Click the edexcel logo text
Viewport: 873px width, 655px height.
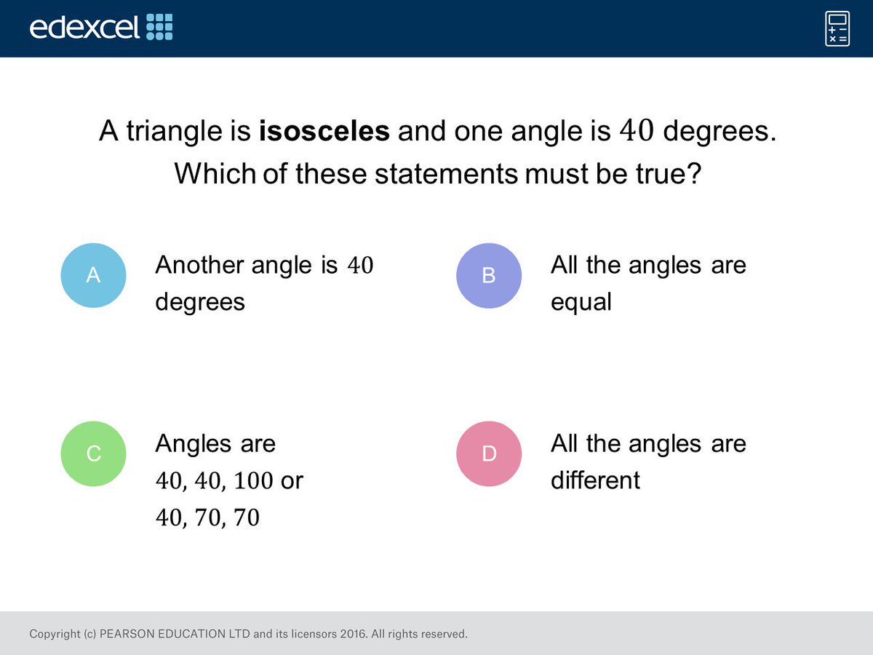(x=84, y=28)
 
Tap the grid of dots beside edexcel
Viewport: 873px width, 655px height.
(x=160, y=27)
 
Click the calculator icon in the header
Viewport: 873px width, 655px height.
(x=837, y=28)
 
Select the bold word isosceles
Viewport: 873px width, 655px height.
(x=324, y=131)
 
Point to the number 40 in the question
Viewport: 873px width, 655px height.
(x=637, y=131)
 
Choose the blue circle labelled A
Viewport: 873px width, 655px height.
(x=93, y=275)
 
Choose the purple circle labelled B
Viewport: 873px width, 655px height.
(x=489, y=275)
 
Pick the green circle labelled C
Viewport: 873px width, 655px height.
(x=93, y=453)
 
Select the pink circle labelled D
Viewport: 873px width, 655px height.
(x=489, y=453)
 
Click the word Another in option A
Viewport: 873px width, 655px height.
(x=200, y=265)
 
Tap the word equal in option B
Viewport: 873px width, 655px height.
(x=581, y=301)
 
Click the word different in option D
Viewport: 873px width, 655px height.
(x=595, y=480)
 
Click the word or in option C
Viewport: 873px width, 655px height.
(x=291, y=481)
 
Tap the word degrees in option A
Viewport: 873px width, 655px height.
(x=200, y=301)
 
